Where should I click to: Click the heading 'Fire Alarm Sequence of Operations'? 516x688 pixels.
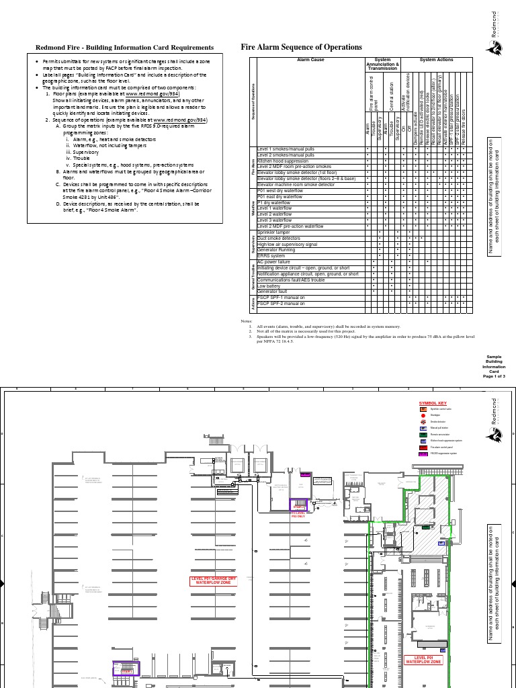click(x=301, y=47)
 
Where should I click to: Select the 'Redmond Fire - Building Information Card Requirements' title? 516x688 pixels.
click(x=124, y=48)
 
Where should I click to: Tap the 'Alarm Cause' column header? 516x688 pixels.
click(x=310, y=60)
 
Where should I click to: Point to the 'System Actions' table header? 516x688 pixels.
click(x=436, y=60)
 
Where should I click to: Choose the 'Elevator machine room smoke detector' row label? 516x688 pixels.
click(x=296, y=184)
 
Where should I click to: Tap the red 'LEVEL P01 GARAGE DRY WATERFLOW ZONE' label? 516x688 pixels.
click(x=213, y=580)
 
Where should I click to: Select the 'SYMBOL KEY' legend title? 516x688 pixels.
click(x=433, y=402)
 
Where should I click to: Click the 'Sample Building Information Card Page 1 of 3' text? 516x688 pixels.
click(x=494, y=367)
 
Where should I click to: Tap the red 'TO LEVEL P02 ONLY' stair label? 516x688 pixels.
click(x=298, y=515)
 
